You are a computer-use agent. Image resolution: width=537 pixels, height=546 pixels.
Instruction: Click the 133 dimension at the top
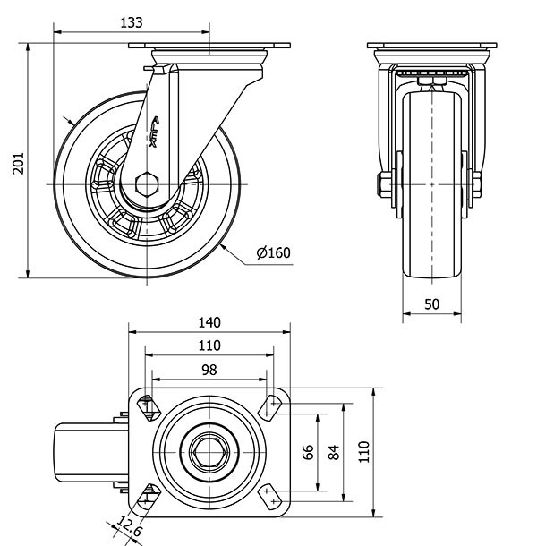click(x=131, y=22)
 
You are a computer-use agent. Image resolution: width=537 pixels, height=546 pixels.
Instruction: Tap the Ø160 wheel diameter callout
click(x=273, y=252)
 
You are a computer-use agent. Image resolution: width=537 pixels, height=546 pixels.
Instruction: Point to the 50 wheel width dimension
click(x=431, y=303)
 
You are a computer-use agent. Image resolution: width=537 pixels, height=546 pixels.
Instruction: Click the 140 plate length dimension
click(x=209, y=322)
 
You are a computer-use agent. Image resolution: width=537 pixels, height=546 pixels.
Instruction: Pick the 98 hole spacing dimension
click(x=209, y=369)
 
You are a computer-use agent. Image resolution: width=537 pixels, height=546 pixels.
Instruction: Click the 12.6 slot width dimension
click(x=131, y=531)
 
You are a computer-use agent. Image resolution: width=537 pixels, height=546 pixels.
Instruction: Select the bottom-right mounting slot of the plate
click(x=270, y=493)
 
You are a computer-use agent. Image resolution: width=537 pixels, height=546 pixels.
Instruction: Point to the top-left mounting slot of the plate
click(x=149, y=407)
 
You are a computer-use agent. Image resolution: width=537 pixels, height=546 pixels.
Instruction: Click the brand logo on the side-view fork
click(x=154, y=130)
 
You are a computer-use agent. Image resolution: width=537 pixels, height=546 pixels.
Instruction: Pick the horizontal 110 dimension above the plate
click(x=209, y=346)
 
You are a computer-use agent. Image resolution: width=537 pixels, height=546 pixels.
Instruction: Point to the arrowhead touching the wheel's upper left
click(x=72, y=123)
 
